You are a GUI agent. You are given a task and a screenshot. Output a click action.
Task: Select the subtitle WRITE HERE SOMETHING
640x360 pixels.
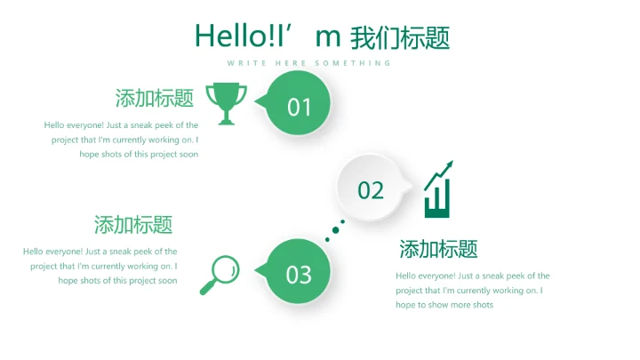308,63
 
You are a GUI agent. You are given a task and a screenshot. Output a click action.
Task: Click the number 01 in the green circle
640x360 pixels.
300,107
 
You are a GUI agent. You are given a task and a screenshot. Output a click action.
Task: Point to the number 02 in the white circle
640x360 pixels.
371,189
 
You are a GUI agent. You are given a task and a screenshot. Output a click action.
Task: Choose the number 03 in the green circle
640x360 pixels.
300,275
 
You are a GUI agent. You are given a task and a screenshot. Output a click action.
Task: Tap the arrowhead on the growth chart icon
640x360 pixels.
449,164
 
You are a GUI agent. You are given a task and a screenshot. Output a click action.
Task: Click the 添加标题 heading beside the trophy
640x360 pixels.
155,98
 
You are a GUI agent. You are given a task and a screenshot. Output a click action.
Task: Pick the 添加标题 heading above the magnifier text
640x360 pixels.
133,224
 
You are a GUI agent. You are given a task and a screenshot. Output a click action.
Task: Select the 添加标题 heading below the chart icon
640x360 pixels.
438,249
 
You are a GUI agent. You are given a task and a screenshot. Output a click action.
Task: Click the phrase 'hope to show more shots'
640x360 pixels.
444,305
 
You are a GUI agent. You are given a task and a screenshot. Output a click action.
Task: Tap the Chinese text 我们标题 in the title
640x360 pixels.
400,37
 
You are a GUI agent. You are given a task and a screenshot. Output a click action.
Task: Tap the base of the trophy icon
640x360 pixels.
227,121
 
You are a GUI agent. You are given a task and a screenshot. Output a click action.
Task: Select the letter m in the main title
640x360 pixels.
328,36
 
